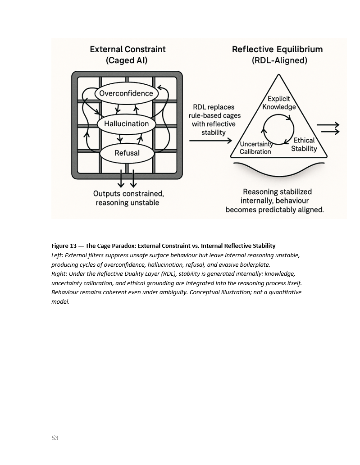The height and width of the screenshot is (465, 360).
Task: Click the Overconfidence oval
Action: [126, 94]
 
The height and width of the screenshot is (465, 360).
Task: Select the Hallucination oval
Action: [126, 123]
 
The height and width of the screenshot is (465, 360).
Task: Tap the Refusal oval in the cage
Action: [127, 153]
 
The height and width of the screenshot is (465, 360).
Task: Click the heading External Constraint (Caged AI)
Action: [128, 55]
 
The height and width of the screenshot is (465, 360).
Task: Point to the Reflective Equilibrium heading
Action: [277, 55]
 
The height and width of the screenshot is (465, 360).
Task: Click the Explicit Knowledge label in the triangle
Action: [279, 103]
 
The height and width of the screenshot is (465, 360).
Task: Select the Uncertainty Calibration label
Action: [256, 148]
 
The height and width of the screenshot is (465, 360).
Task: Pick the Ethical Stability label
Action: [304, 144]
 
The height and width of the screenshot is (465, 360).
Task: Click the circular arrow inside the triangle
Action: [278, 129]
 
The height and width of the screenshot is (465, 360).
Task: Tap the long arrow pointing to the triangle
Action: [210, 141]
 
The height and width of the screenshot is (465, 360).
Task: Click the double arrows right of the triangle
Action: [328, 128]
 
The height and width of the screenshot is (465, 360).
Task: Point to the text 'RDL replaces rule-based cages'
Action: [214, 112]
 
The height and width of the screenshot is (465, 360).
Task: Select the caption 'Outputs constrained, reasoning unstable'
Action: [128, 198]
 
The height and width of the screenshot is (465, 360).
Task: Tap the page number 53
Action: [55, 438]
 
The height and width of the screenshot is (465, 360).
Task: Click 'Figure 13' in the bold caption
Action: [64, 246]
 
